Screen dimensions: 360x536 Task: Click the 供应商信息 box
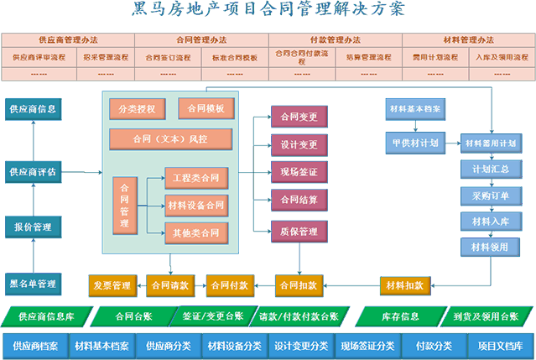coord(33,108)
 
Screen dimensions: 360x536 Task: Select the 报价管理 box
coord(33,227)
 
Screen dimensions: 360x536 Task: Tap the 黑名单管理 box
coord(33,283)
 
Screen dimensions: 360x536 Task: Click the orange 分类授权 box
coord(137,109)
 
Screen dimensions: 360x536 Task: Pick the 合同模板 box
coord(206,108)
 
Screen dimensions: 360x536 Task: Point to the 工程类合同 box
coord(195,178)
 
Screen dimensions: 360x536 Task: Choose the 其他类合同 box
coord(195,232)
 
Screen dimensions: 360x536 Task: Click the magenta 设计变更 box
coord(299,144)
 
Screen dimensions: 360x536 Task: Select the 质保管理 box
coord(299,231)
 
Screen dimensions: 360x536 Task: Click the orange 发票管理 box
coord(112,285)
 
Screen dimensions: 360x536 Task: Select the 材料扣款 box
coord(404,285)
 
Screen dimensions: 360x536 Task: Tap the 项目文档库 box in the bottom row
coord(501,346)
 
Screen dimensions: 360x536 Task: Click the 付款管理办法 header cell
coord(335,39)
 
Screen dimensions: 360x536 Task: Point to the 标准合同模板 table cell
coord(234,58)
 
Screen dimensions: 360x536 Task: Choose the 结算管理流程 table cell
coord(368,58)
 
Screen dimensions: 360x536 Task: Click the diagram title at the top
coord(268,10)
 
